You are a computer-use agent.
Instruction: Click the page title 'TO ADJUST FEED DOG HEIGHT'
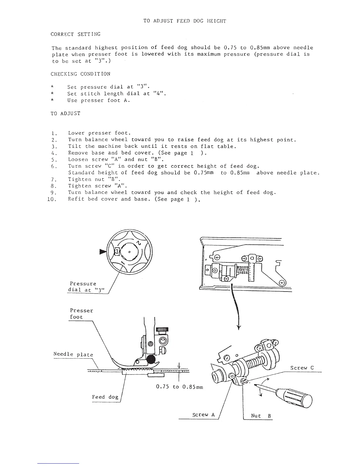184,21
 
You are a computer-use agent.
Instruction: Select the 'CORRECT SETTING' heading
76,34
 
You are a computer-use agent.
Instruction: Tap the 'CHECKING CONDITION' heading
80,74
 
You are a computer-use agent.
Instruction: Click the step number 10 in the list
51,199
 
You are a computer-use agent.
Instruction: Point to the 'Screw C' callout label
302,368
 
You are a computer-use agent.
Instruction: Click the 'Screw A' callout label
203,415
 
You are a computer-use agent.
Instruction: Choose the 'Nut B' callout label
261,416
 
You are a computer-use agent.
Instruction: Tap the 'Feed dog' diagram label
105,397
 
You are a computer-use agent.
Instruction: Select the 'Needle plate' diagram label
73,355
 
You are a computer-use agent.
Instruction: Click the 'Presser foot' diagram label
81,314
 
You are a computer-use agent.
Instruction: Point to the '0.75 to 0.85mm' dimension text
179,387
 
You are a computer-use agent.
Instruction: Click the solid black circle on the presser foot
151,358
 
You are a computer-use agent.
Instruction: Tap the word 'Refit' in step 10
76,199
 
